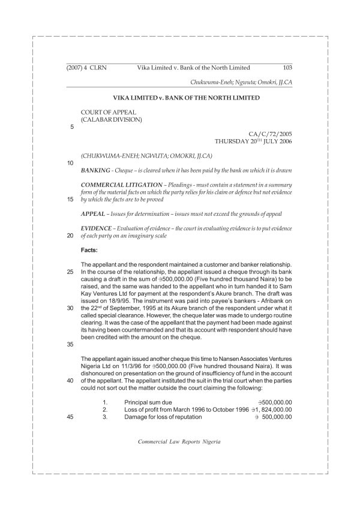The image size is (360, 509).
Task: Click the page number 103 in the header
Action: [x=287, y=68]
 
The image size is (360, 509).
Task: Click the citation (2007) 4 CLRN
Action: [x=86, y=68]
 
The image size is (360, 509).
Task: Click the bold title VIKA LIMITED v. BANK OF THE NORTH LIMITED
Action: [x=179, y=97]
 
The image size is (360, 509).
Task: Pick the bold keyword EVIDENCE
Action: [x=96, y=228]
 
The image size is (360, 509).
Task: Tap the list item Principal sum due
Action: [x=148, y=402]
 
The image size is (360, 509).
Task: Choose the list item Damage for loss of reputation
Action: [x=161, y=418]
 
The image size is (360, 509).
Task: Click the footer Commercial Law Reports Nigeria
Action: [x=179, y=441]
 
